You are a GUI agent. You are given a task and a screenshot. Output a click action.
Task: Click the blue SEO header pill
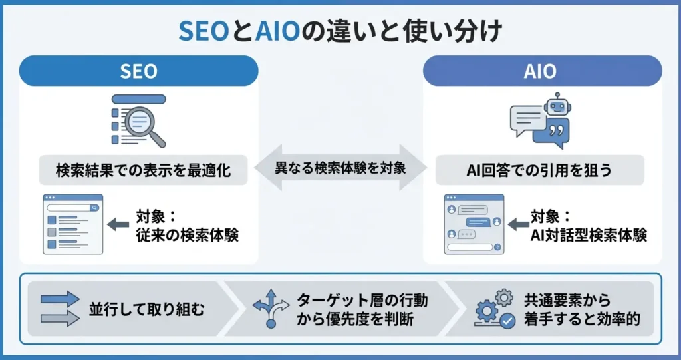pyautogui.click(x=138, y=71)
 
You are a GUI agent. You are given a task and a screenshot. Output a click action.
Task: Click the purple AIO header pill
pyautogui.click(x=543, y=71)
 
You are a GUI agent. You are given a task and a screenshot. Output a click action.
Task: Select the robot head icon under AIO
pyautogui.click(x=557, y=105)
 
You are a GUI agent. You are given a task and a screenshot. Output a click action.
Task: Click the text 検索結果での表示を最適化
pyautogui.click(x=144, y=170)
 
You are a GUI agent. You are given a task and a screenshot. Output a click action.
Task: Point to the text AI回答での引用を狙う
pyautogui.click(x=539, y=170)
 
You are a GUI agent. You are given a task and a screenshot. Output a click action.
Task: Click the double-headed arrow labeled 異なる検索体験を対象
pyautogui.click(x=340, y=168)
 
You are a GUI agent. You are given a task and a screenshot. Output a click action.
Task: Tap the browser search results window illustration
pyautogui.click(x=73, y=224)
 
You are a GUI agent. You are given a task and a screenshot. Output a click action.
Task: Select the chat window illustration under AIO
pyautogui.click(x=474, y=224)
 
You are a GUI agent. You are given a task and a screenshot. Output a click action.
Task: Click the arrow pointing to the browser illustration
pyautogui.click(x=118, y=225)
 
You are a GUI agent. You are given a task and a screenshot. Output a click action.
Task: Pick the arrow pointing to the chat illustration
pyautogui.click(x=519, y=225)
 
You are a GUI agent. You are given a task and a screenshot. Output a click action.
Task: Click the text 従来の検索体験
pyautogui.click(x=187, y=235)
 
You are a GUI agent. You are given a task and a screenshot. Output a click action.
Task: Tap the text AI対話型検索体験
pyautogui.click(x=589, y=235)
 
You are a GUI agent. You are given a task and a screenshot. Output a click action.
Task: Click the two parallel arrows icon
pyautogui.click(x=60, y=309)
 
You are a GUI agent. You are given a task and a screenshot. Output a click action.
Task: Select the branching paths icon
pyautogui.click(x=271, y=309)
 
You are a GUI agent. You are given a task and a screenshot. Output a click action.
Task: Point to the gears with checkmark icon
pyautogui.click(x=495, y=309)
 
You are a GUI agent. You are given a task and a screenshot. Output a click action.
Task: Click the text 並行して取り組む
pyautogui.click(x=146, y=309)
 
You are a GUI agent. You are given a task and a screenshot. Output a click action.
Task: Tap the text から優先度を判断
pyautogui.click(x=355, y=319)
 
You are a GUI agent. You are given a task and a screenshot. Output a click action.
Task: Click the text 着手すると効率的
pyautogui.click(x=582, y=319)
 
